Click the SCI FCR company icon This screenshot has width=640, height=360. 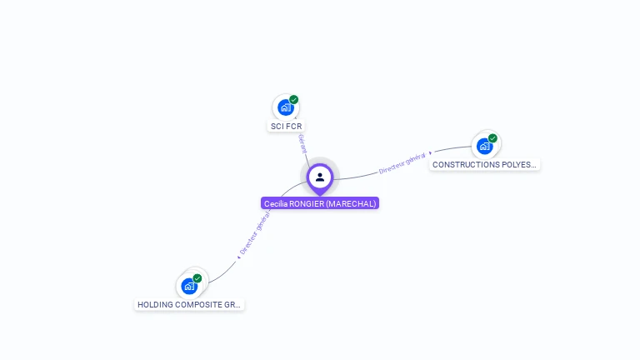click(285, 107)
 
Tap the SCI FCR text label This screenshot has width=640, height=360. click(286, 127)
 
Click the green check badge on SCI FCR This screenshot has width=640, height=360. click(293, 100)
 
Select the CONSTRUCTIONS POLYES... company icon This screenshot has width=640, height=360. click(484, 146)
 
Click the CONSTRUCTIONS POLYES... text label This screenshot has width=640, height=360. click(484, 165)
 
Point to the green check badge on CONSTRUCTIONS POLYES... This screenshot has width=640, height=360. click(492, 138)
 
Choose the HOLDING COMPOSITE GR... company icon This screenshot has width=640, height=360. click(189, 286)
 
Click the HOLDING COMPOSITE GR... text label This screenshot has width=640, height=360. click(189, 305)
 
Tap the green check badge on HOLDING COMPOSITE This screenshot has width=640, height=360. click(197, 278)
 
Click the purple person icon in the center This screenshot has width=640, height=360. click(320, 177)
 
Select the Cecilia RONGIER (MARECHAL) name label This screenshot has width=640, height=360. click(320, 203)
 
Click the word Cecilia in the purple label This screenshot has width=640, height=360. click(275, 203)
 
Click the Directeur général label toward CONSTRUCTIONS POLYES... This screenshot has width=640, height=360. click(402, 162)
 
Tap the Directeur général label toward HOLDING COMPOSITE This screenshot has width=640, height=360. click(254, 232)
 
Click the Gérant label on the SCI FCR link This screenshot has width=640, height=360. click(302, 143)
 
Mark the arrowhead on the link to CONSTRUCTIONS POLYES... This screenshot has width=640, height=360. click(430, 153)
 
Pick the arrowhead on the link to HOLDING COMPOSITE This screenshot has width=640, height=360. click(238, 257)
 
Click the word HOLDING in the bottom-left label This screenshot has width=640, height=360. click(154, 305)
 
